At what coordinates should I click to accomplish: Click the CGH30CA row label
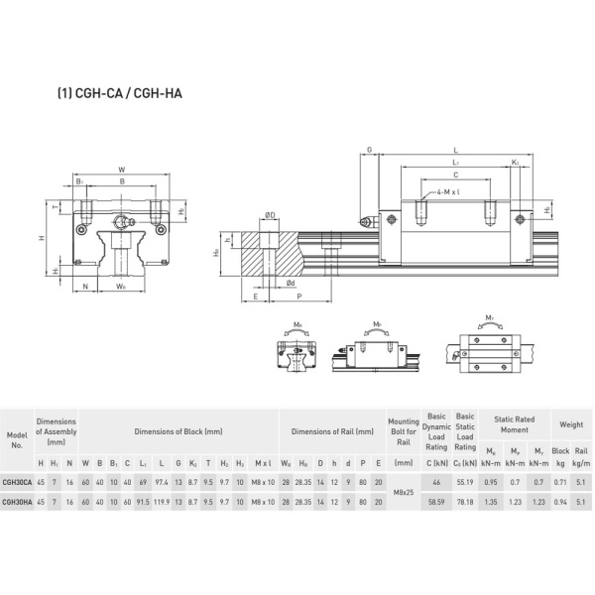17,482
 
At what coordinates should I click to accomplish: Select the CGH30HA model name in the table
17,501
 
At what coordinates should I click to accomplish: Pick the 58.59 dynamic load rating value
436,501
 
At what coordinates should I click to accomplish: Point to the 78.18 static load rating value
464,501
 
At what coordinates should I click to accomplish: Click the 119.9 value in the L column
161,501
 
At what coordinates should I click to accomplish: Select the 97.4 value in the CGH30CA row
161,482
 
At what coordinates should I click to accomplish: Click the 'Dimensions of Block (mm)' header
180,431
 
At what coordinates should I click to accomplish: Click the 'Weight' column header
571,424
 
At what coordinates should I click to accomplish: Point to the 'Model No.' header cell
17,439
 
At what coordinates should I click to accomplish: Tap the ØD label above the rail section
269,214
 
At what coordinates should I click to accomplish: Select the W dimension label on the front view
121,170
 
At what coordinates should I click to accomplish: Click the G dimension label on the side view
369,151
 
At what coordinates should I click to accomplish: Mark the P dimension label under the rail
299,297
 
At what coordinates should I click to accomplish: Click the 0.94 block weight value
561,501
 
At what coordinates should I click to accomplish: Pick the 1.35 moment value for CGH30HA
493,501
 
